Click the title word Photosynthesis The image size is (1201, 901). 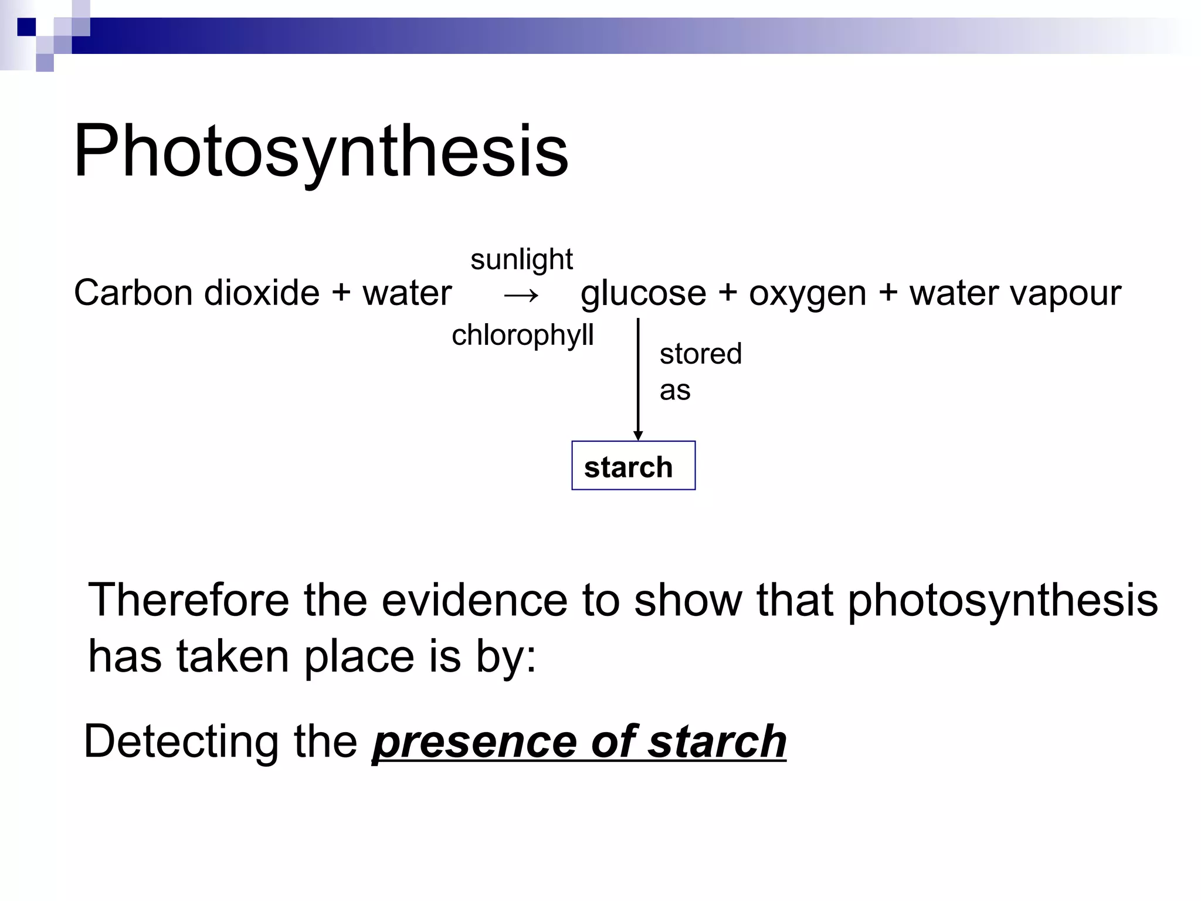pos(321,151)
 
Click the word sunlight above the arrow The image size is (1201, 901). pos(521,259)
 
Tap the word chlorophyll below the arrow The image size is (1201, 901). pos(523,336)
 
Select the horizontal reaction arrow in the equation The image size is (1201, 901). pos(521,295)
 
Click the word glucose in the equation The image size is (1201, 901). pos(643,294)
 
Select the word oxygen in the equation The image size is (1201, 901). pos(808,294)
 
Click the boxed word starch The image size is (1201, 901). pos(628,467)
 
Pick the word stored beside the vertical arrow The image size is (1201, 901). pos(701,354)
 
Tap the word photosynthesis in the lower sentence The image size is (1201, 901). pos(1003,601)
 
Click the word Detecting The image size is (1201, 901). pos(181,742)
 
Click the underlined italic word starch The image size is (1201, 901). pos(717,742)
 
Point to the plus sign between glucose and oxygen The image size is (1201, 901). pos(727,293)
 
